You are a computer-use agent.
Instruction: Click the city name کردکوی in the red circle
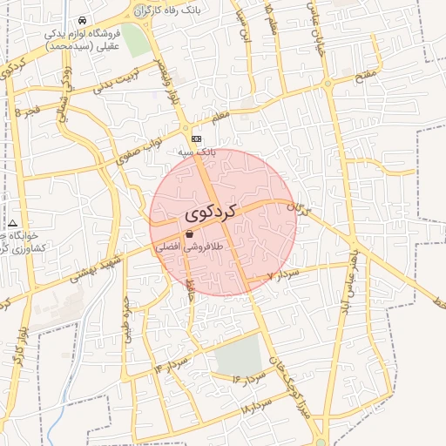[210, 212]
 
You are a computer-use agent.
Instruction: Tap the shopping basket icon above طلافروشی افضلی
[190, 233]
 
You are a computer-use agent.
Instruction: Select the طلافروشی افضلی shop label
[190, 247]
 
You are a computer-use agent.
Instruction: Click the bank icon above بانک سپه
[197, 138]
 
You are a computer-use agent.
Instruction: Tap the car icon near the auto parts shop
[81, 20]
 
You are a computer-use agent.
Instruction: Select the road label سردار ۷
[282, 275]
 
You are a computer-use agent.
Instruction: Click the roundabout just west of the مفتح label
[328, 84]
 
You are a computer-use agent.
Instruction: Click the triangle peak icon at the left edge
[13, 224]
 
